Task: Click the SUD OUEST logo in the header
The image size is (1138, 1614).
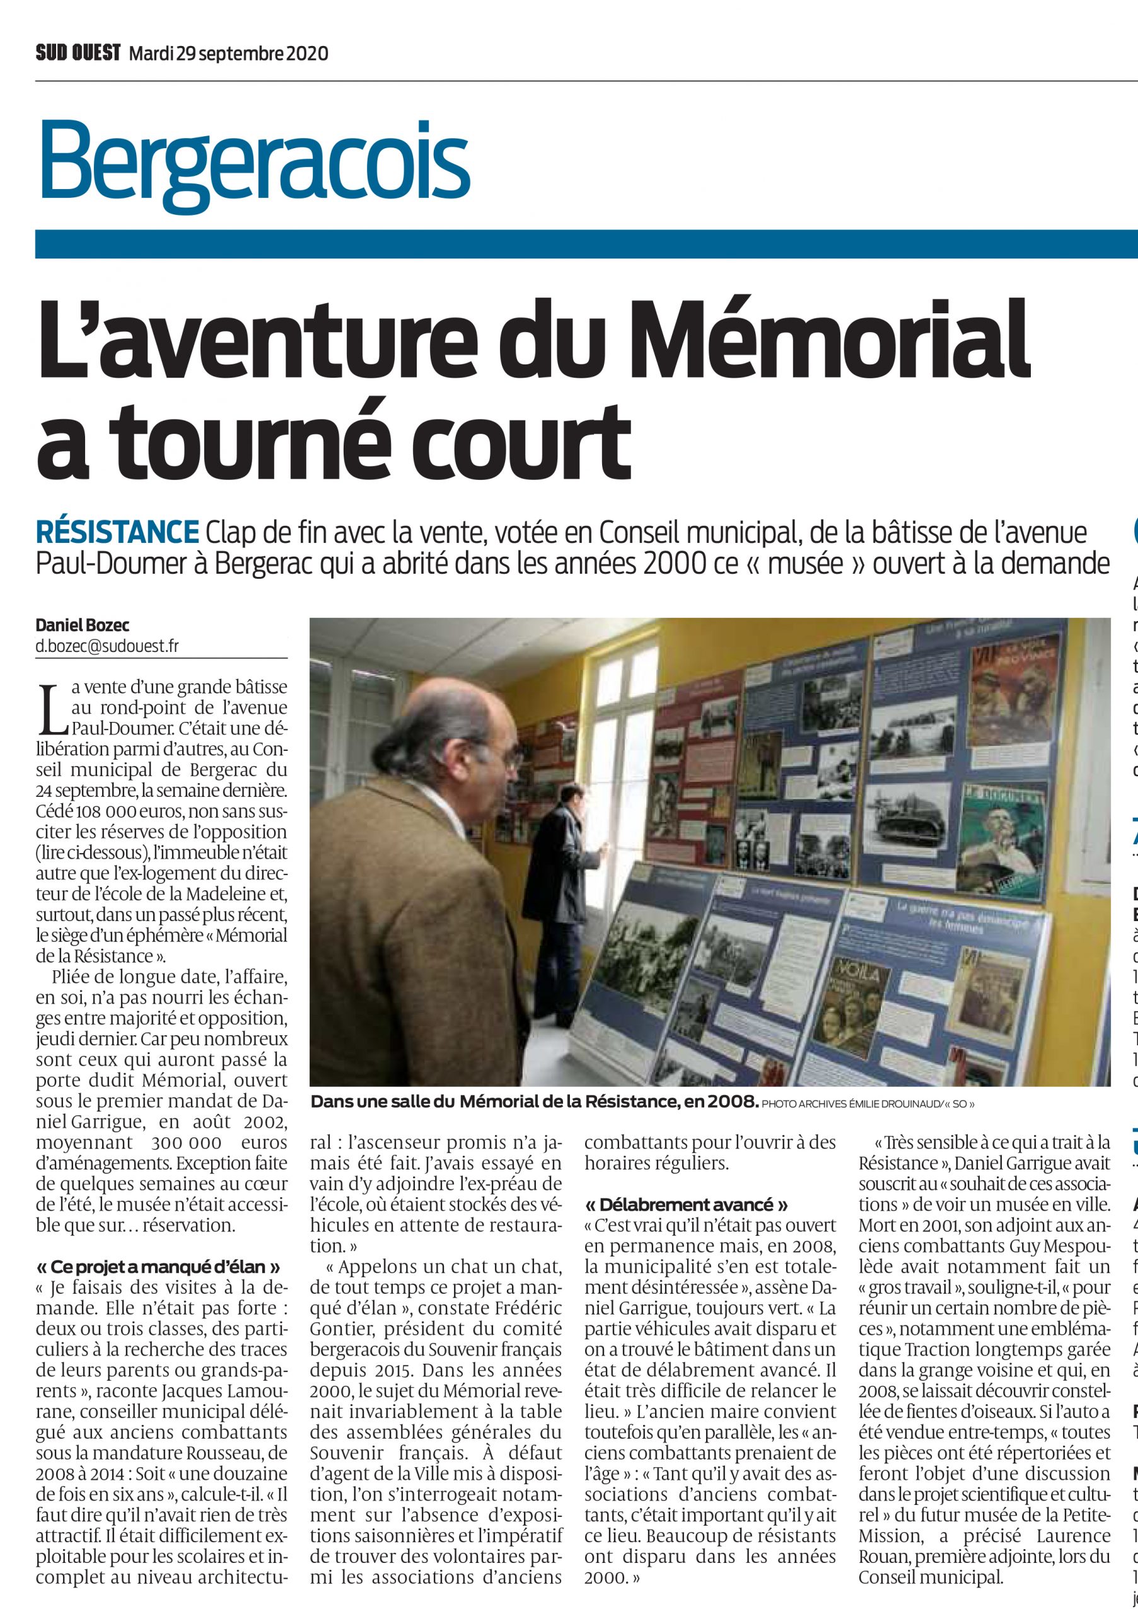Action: tap(78, 54)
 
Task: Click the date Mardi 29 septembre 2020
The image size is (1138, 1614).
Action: tap(228, 54)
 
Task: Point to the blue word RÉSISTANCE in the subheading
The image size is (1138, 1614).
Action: tap(117, 532)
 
